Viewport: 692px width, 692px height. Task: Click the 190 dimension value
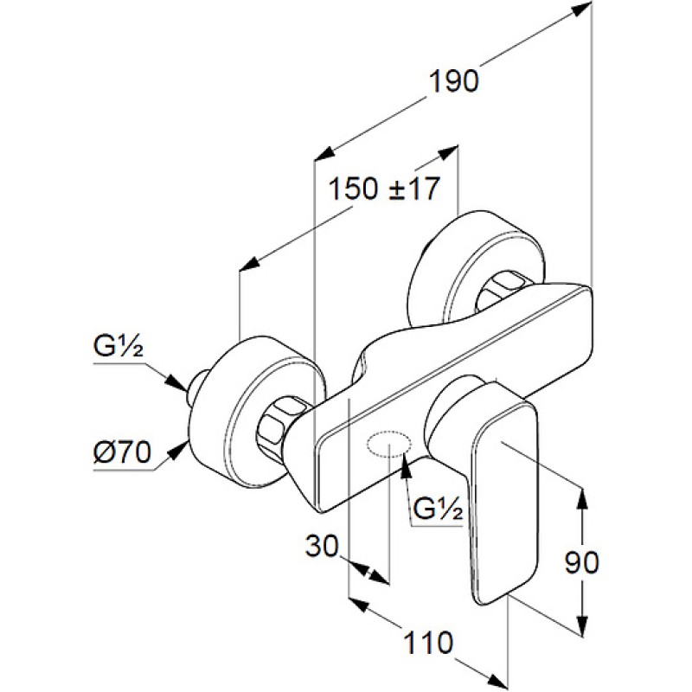[454, 80]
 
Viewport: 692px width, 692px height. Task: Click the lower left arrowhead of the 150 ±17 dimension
[247, 263]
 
